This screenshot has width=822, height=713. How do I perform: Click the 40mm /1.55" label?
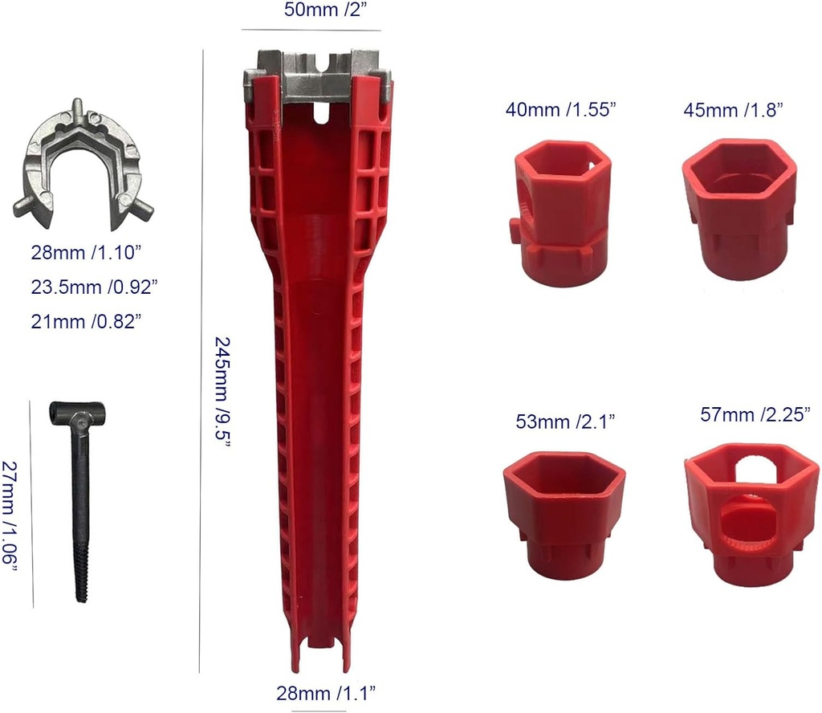[560, 109]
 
